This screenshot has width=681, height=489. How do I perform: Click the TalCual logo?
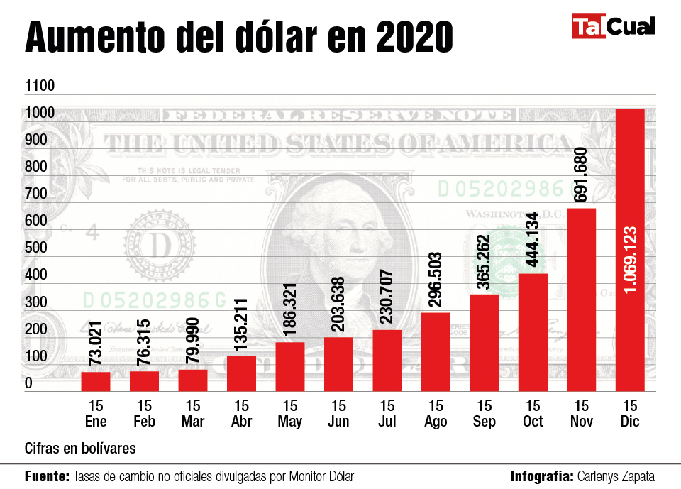[613, 27]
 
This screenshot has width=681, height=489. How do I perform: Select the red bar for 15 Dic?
[630, 248]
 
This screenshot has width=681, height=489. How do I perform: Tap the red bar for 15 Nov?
[581, 299]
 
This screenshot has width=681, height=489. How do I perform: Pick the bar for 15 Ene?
[95, 381]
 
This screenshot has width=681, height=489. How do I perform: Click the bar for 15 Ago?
[436, 351]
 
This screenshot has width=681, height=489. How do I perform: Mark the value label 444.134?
[533, 239]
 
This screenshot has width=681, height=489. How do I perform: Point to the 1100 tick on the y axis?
[40, 86]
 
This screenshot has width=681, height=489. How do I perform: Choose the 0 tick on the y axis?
[29, 384]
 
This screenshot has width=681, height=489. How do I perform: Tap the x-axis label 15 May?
[289, 414]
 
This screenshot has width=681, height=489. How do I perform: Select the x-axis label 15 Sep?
[484, 414]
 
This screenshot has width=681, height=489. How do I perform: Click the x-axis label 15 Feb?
[144, 414]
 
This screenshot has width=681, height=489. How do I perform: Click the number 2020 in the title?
[414, 38]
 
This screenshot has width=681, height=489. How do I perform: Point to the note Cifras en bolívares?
[80, 449]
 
